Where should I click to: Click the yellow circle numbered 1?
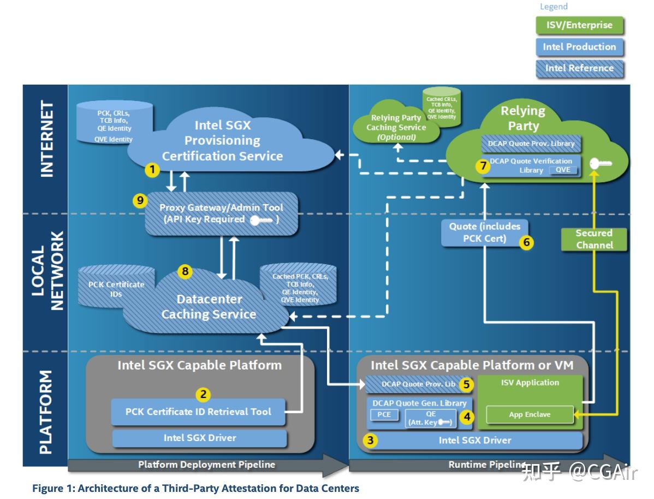pos(152,170)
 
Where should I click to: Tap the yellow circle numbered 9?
pos(140,201)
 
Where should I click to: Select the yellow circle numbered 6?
pos(526,242)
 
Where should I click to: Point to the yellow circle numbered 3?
pos(371,441)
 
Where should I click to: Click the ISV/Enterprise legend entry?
pos(579,25)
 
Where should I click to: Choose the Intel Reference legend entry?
pos(579,68)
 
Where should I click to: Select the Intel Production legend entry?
pos(579,47)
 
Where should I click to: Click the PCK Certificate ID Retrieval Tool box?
pos(198,412)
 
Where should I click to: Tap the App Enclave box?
pos(530,414)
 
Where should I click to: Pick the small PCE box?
pos(384,415)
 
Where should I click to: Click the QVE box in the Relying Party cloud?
pos(563,170)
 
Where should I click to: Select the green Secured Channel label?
pos(594,239)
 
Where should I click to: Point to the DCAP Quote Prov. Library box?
pos(528,144)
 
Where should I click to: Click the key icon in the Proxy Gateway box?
pos(261,220)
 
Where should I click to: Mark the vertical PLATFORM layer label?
pos(46,412)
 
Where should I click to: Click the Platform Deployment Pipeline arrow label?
pos(206,465)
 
